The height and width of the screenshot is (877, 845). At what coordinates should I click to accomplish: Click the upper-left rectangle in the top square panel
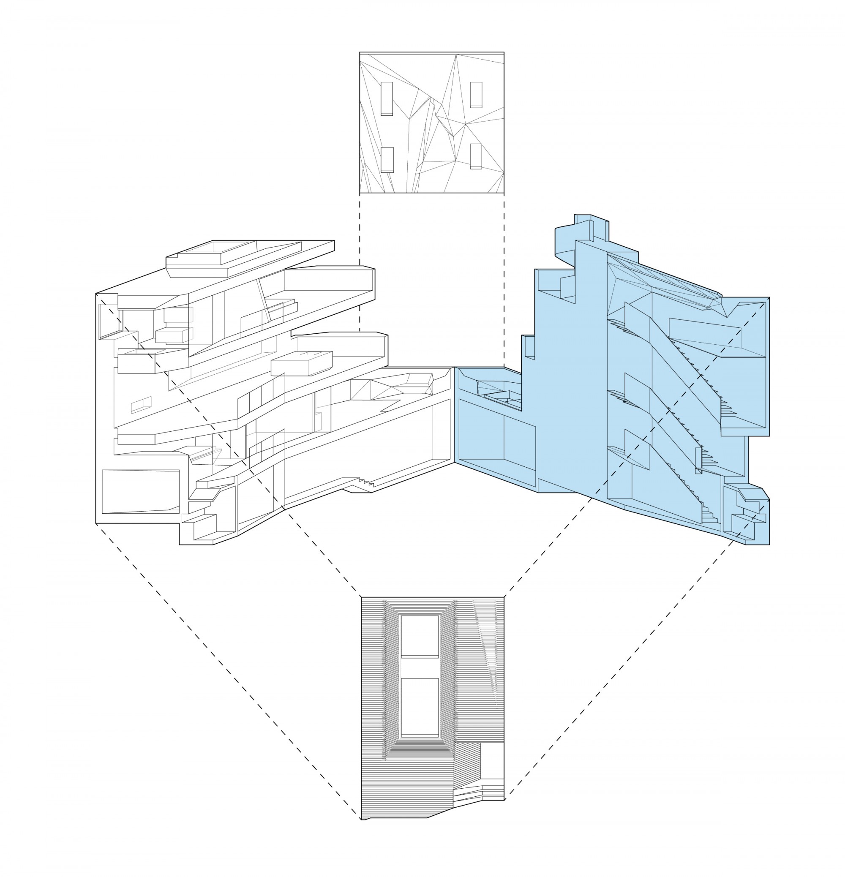[x=387, y=98]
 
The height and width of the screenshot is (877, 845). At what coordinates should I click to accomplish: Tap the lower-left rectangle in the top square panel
[x=387, y=160]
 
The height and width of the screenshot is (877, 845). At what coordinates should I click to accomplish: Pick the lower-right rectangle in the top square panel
[x=476, y=156]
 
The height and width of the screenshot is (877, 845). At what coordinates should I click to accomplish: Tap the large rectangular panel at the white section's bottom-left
[x=141, y=491]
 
